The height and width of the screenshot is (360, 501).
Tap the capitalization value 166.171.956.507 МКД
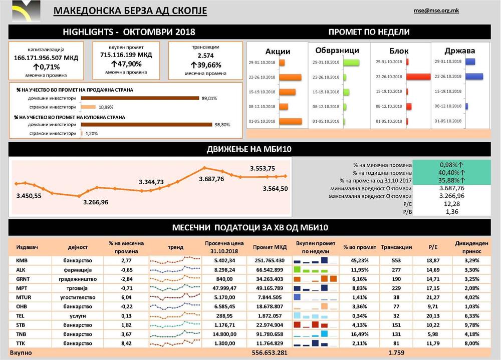pyautogui.click(x=46, y=58)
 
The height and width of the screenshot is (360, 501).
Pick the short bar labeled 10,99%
pyautogui.click(x=88, y=107)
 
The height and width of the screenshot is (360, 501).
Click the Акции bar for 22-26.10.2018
pyautogui.click(x=290, y=77)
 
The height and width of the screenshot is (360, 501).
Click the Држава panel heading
pyautogui.click(x=459, y=51)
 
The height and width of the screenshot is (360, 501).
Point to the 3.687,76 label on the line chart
pyautogui.click(x=211, y=179)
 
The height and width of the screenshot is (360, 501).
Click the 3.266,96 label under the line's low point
pyautogui.click(x=96, y=202)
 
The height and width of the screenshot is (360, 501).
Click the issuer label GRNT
pyautogui.click(x=24, y=278)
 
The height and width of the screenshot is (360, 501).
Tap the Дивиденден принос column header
pyautogui.click(x=471, y=247)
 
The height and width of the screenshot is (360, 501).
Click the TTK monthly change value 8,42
pyautogui.click(x=126, y=343)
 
